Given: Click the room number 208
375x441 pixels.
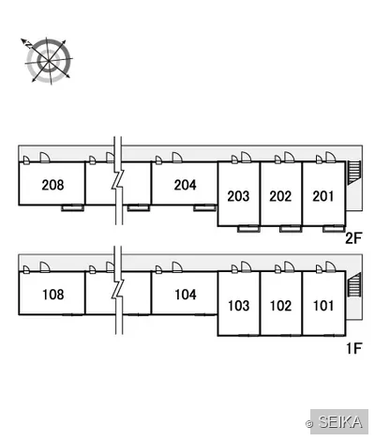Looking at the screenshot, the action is point(52,185).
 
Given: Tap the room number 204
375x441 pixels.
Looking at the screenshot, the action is point(186,185).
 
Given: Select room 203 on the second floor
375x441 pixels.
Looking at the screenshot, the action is point(238,196).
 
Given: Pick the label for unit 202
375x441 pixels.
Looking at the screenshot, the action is point(280,196).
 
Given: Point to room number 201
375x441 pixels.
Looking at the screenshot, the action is point(323,196).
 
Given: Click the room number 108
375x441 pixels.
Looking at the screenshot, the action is point(53,295).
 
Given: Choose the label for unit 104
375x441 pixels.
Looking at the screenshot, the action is point(186,295).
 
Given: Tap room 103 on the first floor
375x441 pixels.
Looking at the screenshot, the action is point(239,306).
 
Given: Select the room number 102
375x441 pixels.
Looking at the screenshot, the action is point(281,306).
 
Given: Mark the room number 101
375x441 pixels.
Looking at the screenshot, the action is point(323,306).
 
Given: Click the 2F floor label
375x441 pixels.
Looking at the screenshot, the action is point(353,238).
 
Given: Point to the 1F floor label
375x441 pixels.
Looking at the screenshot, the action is point(354,348).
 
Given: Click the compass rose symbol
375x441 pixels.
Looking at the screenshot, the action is point(49,60).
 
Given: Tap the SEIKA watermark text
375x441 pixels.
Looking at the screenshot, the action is point(340,422).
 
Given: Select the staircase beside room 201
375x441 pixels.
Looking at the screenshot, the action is point(354,172).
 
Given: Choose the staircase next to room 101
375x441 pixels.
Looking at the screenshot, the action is point(354,284).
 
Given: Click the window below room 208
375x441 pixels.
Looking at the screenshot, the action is point(72,207).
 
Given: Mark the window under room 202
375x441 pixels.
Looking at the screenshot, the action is point(291,229).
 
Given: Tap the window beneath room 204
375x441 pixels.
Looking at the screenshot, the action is point(204,207).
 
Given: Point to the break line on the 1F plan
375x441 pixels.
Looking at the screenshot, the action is point(118,290).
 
